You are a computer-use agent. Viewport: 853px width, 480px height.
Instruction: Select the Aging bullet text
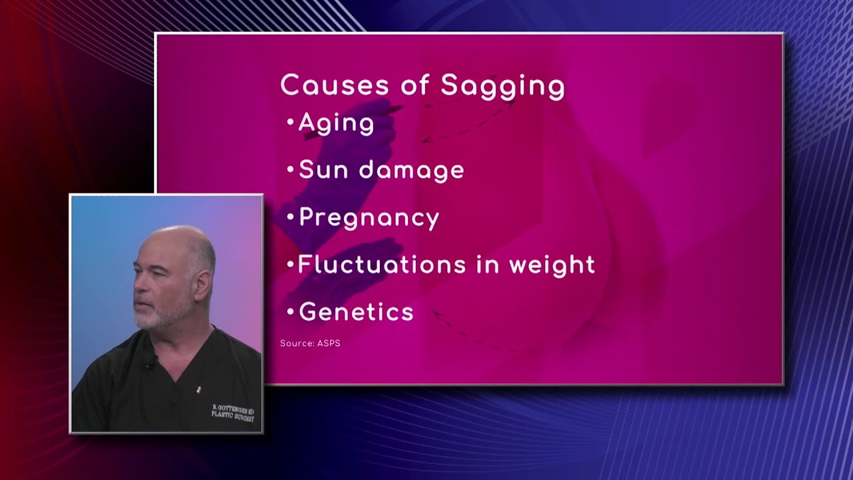pos(336,123)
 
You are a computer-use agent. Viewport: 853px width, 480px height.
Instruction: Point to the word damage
pos(411,171)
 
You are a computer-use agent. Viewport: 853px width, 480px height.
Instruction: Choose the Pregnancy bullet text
pos(369,219)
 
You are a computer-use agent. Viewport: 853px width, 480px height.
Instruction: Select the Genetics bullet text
pos(356,312)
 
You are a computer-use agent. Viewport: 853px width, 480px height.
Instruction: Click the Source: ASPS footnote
pos(310,343)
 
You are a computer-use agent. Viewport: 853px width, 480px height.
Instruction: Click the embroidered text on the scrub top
pos(233,411)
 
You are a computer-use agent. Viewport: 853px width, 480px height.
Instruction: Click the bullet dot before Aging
pos(289,123)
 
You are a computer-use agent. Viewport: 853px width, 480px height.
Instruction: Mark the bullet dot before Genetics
pos(289,312)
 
